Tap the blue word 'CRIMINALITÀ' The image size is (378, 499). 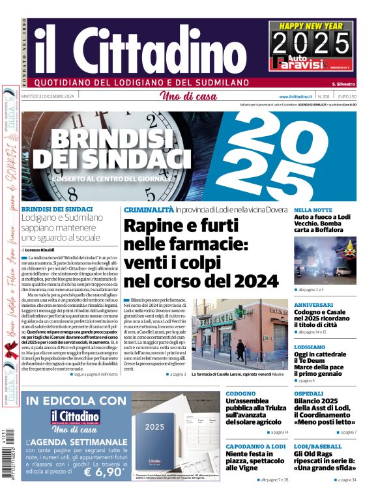[149, 210]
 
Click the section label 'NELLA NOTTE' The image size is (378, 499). [313, 210]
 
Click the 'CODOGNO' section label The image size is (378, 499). [240, 393]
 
